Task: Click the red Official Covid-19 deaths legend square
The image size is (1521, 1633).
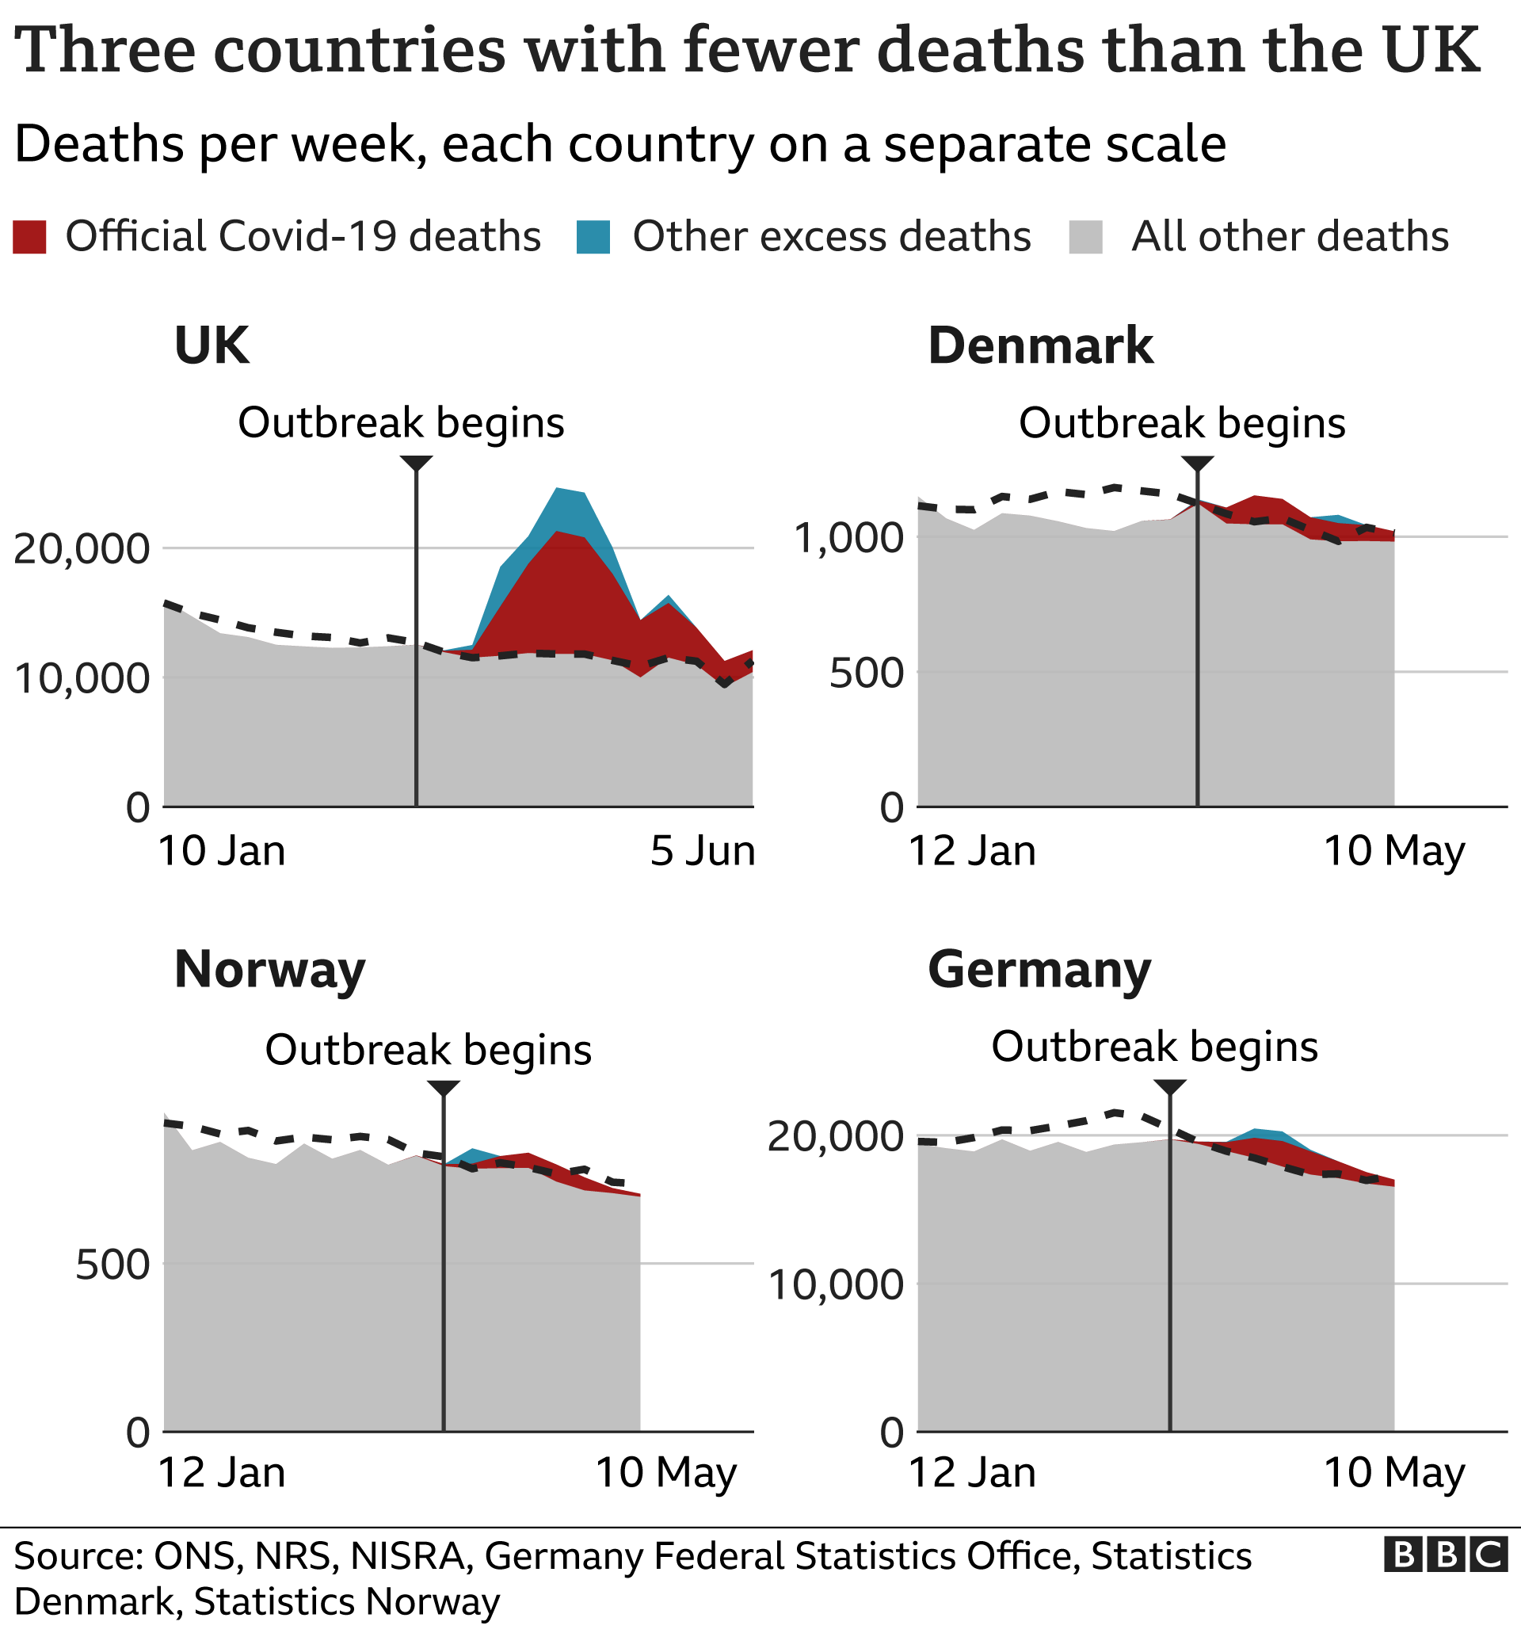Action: pyautogui.click(x=29, y=237)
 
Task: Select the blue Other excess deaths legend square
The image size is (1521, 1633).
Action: pyautogui.click(x=593, y=237)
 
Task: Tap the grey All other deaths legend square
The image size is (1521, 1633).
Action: pyautogui.click(x=1086, y=237)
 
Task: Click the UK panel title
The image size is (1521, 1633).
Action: pyautogui.click(x=211, y=345)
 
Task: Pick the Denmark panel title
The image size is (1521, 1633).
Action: pyautogui.click(x=1039, y=345)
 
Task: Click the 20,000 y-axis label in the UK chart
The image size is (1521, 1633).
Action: pyautogui.click(x=82, y=549)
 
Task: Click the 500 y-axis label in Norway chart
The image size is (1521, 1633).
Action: pyautogui.click(x=112, y=1265)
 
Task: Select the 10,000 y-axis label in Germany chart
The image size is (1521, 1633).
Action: pyautogui.click(x=835, y=1284)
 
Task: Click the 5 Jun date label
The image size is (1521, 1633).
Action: pyautogui.click(x=702, y=851)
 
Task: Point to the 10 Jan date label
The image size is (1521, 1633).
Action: pyautogui.click(x=221, y=851)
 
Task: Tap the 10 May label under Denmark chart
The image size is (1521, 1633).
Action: pyautogui.click(x=1393, y=851)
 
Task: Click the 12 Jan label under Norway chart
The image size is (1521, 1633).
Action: pyautogui.click(x=221, y=1472)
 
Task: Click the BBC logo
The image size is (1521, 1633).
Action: pyautogui.click(x=1446, y=1555)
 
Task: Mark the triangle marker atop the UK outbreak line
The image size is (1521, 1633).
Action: pyautogui.click(x=417, y=464)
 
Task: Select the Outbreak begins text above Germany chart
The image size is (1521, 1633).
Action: pyautogui.click(x=1154, y=1047)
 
